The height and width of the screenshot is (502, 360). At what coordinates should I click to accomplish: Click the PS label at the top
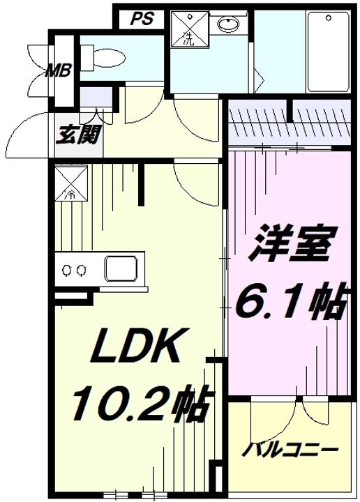point(142,19)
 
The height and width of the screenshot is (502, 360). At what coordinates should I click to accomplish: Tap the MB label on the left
point(58,70)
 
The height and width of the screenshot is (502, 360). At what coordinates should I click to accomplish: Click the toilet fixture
point(103,58)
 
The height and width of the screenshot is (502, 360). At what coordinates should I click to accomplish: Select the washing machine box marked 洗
point(190,29)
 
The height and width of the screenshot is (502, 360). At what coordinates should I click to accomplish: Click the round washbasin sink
point(229,24)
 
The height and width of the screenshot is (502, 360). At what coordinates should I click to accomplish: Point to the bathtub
point(328,52)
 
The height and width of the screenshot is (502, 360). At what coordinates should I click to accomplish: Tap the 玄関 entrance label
point(78,135)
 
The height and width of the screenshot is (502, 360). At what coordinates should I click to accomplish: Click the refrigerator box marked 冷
point(70,183)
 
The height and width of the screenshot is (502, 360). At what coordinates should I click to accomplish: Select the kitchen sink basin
point(121,268)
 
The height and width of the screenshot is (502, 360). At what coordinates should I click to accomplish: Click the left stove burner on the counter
point(67,270)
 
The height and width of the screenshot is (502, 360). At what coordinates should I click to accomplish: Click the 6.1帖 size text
point(291,302)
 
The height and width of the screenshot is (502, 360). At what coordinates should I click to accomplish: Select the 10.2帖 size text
point(140,403)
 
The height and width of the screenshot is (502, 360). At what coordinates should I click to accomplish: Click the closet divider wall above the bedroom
point(290,110)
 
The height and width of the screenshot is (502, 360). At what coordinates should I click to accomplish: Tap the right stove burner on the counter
point(82,270)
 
